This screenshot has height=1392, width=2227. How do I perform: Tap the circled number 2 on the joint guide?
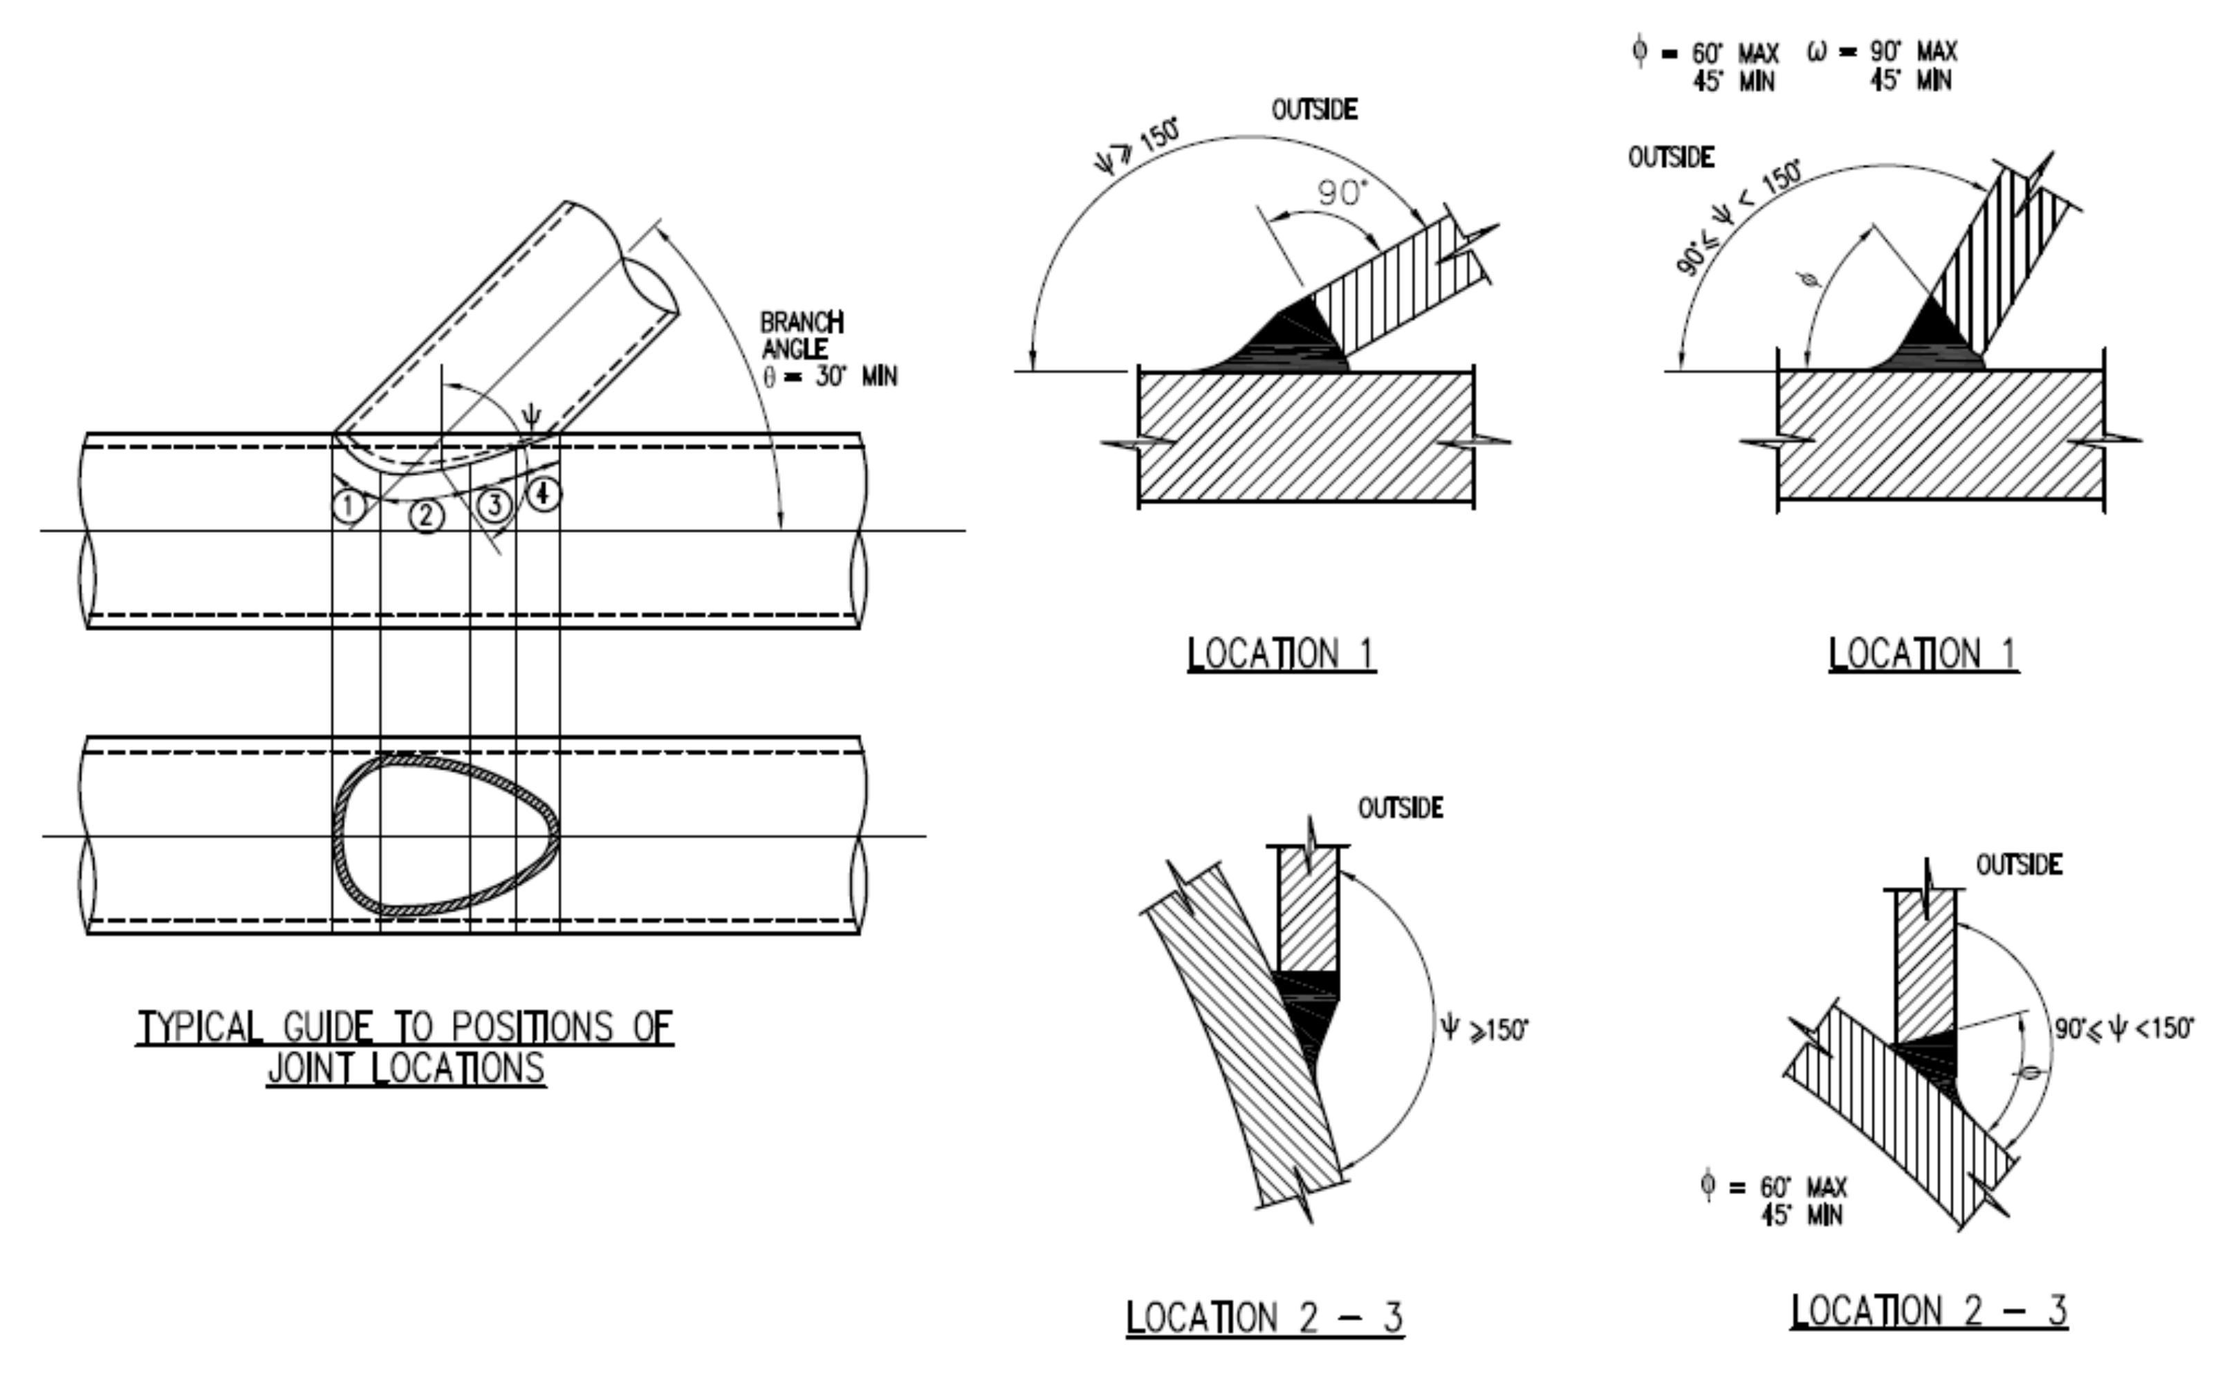tap(425, 515)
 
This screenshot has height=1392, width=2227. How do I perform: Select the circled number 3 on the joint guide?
tap(495, 504)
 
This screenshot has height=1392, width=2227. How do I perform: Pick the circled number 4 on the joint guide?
tap(543, 495)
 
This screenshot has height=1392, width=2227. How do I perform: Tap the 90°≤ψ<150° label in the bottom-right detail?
tap(2124, 1028)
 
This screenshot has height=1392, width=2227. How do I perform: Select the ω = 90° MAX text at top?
tap(1883, 52)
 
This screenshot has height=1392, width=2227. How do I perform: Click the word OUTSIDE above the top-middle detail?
tap(1313, 111)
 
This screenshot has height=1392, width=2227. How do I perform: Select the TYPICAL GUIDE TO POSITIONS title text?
tap(405, 1027)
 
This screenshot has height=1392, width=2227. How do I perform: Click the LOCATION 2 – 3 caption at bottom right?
tap(1929, 1310)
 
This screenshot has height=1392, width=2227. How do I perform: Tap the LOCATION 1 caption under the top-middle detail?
tap(1281, 654)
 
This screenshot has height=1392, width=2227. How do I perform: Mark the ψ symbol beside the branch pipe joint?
tap(530, 416)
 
